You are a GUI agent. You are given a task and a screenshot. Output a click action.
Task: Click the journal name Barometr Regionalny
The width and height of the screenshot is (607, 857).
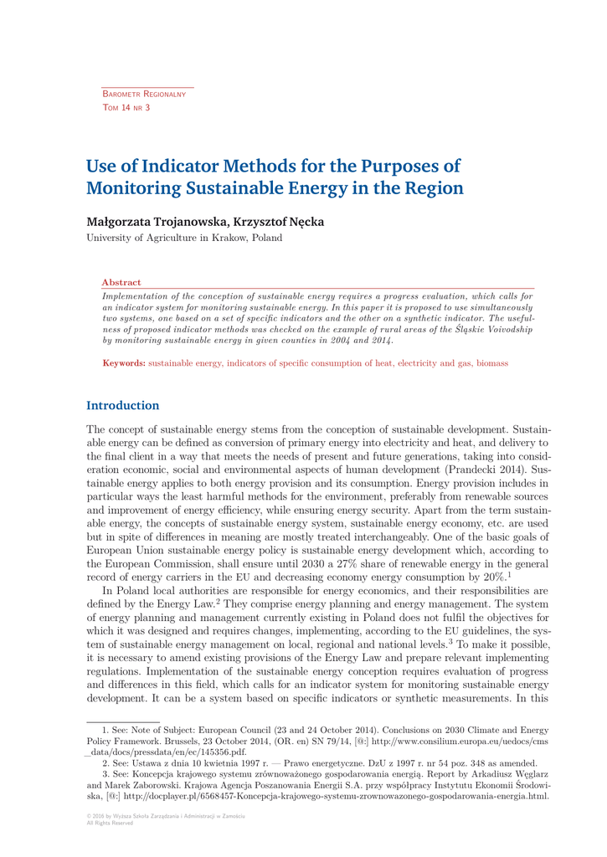click(x=144, y=95)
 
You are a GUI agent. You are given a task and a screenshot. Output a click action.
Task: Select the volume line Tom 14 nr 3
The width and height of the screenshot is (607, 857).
click(x=126, y=108)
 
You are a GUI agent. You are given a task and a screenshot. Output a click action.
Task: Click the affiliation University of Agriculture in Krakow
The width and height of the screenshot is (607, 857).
click(x=184, y=238)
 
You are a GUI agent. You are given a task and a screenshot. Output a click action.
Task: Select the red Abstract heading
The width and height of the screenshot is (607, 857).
click(x=121, y=283)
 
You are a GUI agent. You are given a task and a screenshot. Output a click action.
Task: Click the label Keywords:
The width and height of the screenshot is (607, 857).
click(x=124, y=363)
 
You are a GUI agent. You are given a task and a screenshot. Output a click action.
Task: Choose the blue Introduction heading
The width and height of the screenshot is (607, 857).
click(x=123, y=406)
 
